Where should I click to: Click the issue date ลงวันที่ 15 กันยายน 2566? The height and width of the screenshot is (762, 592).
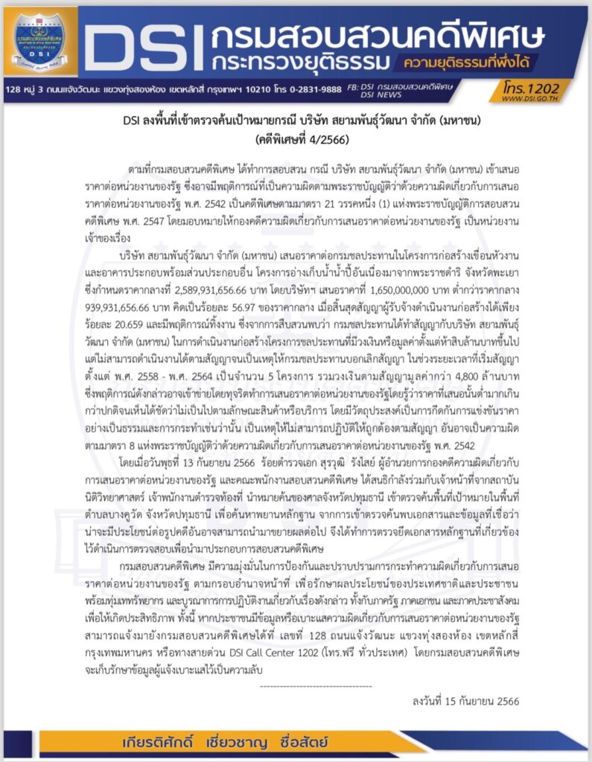click(x=465, y=701)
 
